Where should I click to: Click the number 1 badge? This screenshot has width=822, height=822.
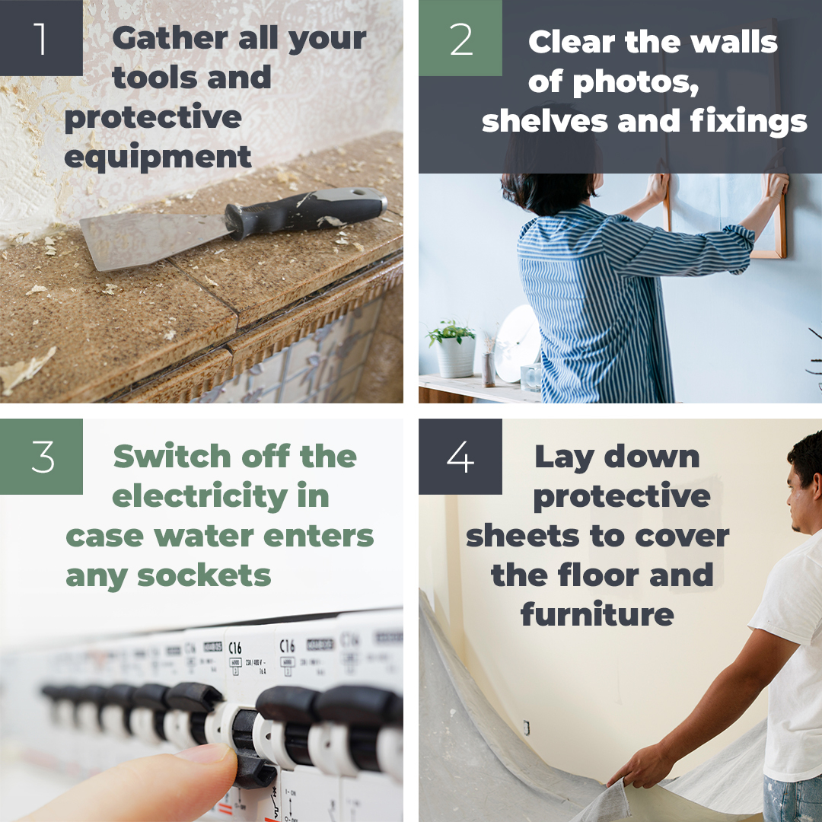40,37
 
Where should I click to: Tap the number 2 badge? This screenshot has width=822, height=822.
460,37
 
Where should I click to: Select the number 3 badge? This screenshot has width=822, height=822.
41,456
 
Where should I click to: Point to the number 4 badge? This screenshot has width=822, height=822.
460,456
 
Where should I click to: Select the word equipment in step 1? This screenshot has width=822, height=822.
158,158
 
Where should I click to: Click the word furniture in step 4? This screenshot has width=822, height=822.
597,614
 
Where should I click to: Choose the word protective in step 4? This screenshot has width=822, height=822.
622,496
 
